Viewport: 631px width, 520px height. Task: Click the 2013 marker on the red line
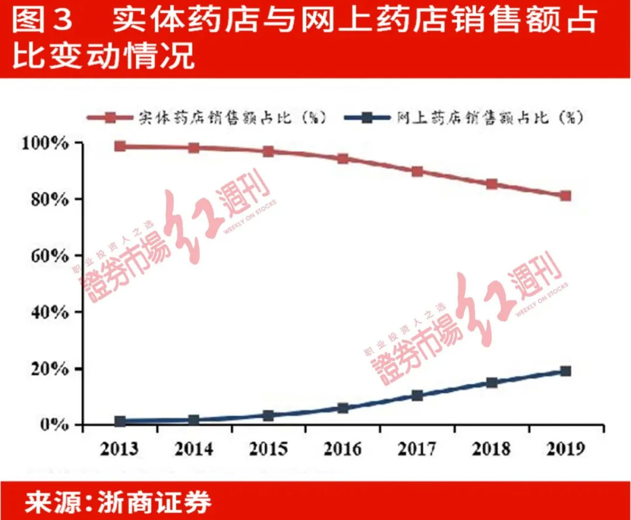tap(120, 146)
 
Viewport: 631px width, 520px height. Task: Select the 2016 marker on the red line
tap(343, 158)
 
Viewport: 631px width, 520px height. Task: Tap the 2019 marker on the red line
tap(565, 196)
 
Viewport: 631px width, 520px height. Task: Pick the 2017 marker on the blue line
tap(417, 396)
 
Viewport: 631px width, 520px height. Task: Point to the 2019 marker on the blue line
tap(565, 371)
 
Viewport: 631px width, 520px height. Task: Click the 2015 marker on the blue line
tap(268, 415)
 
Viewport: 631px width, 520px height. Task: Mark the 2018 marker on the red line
tap(491, 184)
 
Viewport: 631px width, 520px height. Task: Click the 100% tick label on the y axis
tap(46, 144)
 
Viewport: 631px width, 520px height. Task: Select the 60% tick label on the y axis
tap(49, 256)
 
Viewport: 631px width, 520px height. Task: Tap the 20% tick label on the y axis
tap(49, 369)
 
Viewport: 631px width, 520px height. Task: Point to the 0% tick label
tap(54, 425)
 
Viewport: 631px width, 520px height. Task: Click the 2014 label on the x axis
tap(193, 449)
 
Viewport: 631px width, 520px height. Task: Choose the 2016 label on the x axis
tap(342, 449)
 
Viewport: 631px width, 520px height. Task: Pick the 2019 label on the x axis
tap(564, 449)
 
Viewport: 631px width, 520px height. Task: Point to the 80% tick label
tap(49, 199)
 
